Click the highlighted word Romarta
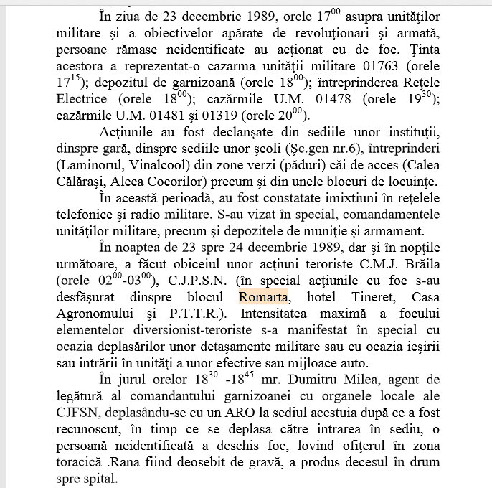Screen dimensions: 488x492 [x=262, y=296]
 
